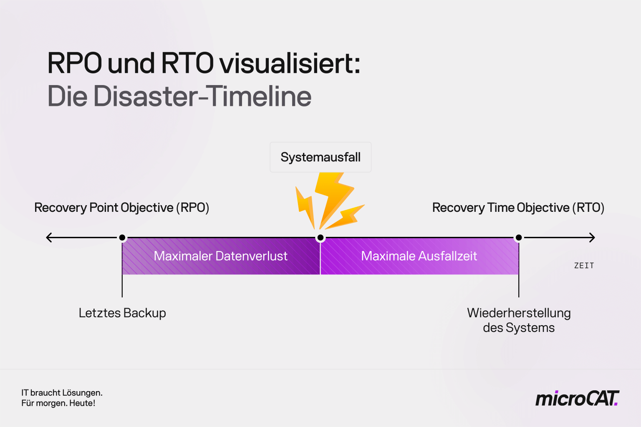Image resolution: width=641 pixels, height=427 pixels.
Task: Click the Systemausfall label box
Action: pos(320,157)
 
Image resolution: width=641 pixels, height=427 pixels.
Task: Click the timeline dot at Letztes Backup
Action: pos(122,238)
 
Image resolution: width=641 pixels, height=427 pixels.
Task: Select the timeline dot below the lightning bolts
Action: pos(320,238)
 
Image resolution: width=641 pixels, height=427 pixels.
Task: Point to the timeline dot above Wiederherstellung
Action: pos(519,238)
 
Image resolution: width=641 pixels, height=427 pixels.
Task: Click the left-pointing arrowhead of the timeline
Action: pos(49,238)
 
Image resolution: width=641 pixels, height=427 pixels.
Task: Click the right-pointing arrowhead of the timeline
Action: pos(592,238)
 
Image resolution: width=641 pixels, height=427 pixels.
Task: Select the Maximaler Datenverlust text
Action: pos(220,256)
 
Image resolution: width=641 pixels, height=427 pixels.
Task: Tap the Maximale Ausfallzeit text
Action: pos(419,256)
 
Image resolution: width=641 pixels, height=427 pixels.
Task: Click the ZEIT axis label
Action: pos(584,266)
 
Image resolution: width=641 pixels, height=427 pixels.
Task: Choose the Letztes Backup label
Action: pos(122,313)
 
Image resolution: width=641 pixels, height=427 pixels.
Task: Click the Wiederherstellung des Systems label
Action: pos(519,320)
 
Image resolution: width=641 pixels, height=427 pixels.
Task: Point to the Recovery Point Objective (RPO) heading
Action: pos(121,208)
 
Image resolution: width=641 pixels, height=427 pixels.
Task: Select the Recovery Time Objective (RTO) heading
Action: pos(518,208)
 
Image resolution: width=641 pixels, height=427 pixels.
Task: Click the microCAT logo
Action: pos(577,399)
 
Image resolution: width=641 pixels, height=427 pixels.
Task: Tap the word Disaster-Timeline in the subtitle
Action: pos(202,96)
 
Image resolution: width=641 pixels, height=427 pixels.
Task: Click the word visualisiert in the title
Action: pos(290,63)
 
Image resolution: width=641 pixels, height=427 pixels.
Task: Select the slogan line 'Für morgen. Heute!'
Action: pos(58,403)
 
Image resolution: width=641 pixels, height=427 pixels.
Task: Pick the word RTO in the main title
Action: pos(187,63)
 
